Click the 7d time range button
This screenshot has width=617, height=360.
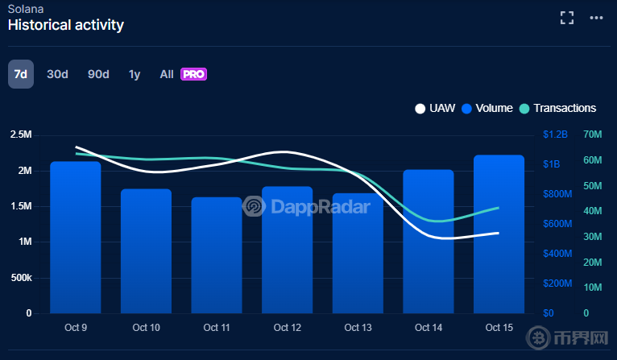click(21, 74)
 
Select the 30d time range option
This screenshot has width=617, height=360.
click(57, 74)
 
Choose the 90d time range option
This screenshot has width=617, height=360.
click(98, 74)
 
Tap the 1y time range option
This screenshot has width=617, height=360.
click(135, 74)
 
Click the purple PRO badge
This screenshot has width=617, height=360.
click(194, 74)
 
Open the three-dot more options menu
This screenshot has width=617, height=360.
click(596, 17)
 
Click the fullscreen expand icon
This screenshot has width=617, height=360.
click(567, 17)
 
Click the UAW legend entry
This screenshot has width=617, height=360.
click(435, 108)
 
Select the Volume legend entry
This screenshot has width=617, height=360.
click(487, 108)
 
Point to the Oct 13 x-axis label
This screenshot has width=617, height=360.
click(358, 328)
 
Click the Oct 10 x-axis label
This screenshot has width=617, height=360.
click(146, 328)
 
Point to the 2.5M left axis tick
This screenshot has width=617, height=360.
click(20, 134)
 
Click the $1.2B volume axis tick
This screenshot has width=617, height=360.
click(555, 134)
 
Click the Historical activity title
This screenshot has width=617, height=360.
click(66, 25)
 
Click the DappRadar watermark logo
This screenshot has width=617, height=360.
click(307, 207)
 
